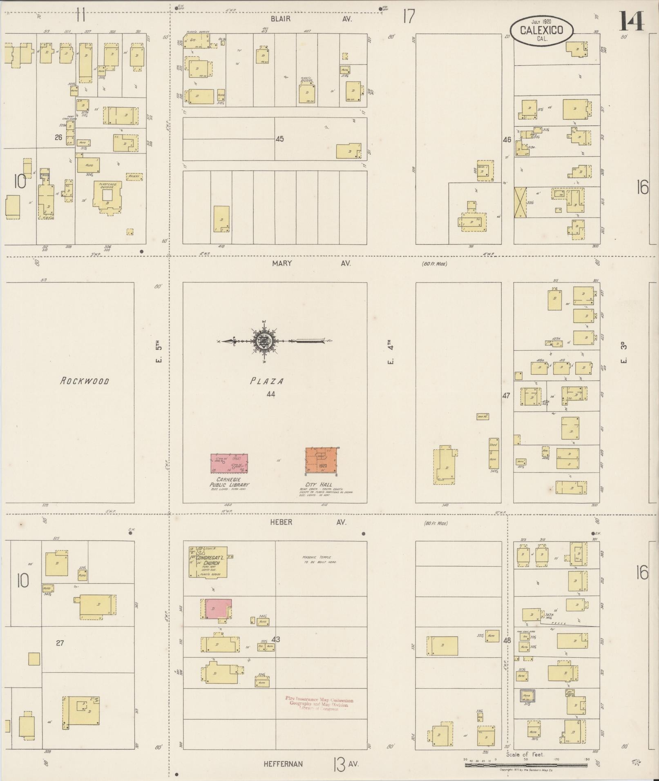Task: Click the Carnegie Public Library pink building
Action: pyautogui.click(x=229, y=463)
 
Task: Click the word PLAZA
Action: pyautogui.click(x=267, y=381)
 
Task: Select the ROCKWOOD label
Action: pyautogui.click(x=85, y=381)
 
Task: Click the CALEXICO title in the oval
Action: pyautogui.click(x=541, y=30)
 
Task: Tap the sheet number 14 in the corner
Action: pyautogui.click(x=632, y=21)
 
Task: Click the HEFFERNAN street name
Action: pyautogui.click(x=283, y=764)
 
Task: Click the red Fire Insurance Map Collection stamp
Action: pyautogui.click(x=319, y=703)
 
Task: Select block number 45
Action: pyautogui.click(x=279, y=139)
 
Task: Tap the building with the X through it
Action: pyautogui.click(x=520, y=202)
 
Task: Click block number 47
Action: pyautogui.click(x=506, y=395)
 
